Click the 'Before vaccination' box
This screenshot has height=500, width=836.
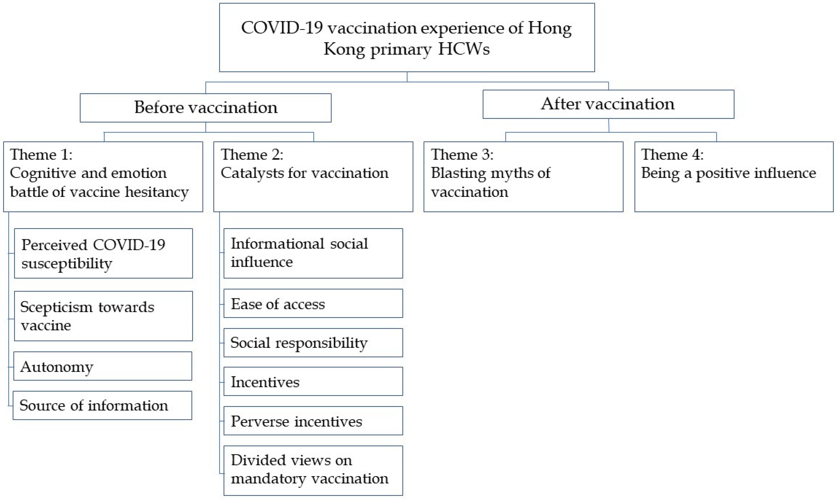tap(205, 108)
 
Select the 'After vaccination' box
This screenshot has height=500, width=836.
tap(608, 104)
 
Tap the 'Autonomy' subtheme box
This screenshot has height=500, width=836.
tap(102, 366)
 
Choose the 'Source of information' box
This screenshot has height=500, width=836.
tap(102, 405)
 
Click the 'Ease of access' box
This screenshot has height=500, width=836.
tap(313, 303)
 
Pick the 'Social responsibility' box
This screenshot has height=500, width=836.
tap(313, 343)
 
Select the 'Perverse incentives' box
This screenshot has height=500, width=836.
tap(313, 421)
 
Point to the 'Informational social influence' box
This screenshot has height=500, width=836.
tap(313, 253)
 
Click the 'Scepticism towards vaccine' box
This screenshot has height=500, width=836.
tap(103, 316)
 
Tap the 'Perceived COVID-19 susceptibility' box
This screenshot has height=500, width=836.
tap(103, 253)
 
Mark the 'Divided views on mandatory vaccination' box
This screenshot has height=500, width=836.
tap(313, 471)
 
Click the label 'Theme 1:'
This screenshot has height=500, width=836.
tap(41, 155)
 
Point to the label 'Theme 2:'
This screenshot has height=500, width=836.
tap(252, 155)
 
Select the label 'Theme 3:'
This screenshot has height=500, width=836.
tap(462, 155)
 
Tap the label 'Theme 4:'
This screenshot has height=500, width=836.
tap(672, 155)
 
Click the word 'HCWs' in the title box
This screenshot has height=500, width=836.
tap(464, 49)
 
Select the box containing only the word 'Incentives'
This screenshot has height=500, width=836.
tap(313, 382)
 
